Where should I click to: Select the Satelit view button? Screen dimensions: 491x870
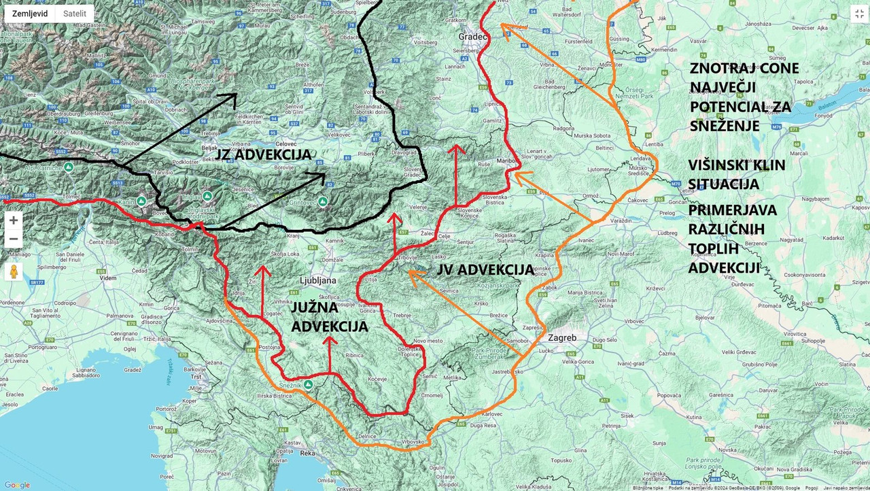click(x=75, y=14)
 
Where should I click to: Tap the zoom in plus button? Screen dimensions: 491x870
click(x=13, y=220)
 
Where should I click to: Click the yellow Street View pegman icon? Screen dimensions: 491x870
click(x=13, y=271)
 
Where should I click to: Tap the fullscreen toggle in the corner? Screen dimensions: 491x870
click(x=859, y=14)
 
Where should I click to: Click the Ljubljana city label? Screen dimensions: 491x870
click(x=318, y=280)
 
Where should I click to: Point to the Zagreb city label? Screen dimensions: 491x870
click(x=561, y=338)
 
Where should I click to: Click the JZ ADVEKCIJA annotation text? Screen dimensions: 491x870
click(x=264, y=154)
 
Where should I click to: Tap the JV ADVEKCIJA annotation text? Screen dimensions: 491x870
click(x=485, y=270)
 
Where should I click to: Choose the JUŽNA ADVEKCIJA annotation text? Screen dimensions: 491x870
click(x=330, y=317)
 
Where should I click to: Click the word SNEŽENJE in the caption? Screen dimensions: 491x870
click(x=724, y=126)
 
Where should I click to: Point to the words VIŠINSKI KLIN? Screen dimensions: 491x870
click(x=737, y=165)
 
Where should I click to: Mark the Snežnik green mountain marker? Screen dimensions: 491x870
click(x=308, y=384)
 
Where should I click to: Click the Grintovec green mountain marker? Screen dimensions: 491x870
click(x=323, y=201)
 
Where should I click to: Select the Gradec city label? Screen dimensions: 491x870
click(x=473, y=36)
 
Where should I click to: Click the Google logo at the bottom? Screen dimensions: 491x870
click(x=17, y=485)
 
